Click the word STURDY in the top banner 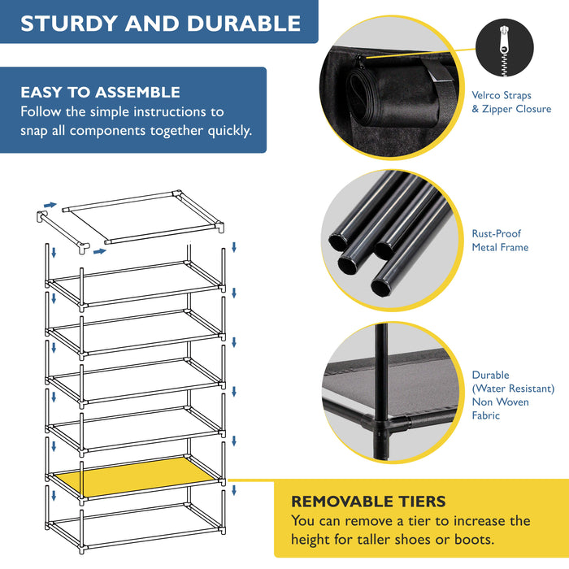coord(69,24)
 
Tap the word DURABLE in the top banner coord(244,24)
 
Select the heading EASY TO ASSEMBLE coord(100,92)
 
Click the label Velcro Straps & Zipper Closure coord(511,102)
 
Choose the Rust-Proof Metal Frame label coord(500,241)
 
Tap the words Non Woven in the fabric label coord(500,402)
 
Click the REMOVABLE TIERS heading coord(368,502)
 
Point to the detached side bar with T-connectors coord(63,232)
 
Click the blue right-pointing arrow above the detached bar coord(50,205)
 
